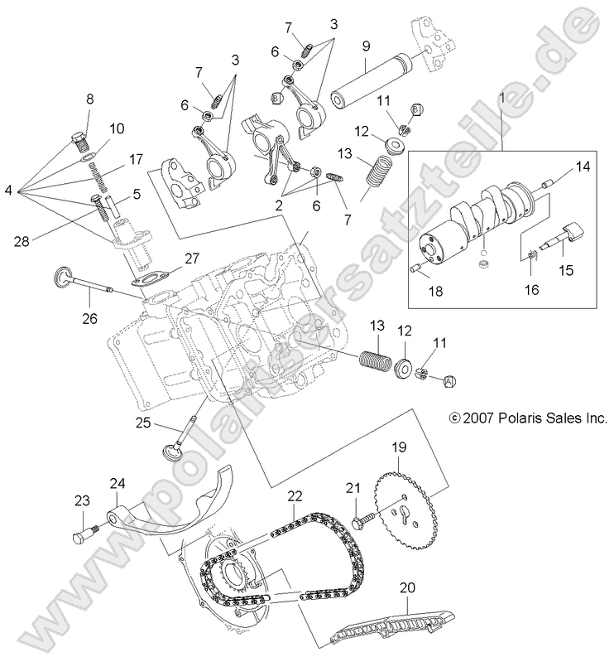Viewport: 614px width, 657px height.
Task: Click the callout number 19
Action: [x=399, y=447]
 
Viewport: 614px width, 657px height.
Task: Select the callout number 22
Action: [x=295, y=495]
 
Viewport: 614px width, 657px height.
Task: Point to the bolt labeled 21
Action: [x=361, y=523]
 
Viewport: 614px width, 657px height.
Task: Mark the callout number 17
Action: [x=135, y=157]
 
